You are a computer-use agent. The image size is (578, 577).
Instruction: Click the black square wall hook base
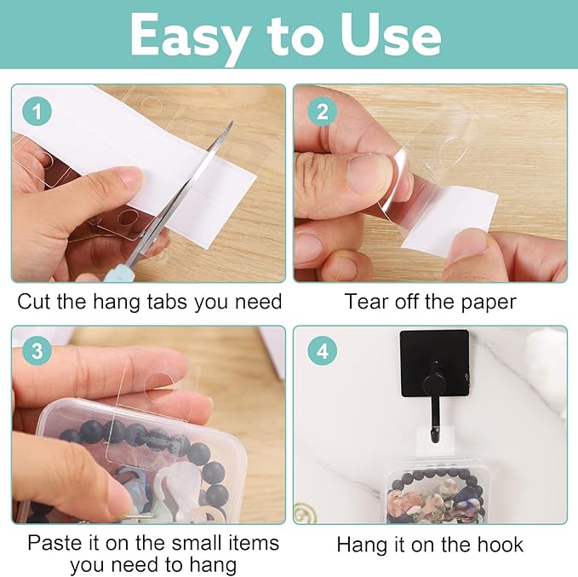(434, 361)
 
